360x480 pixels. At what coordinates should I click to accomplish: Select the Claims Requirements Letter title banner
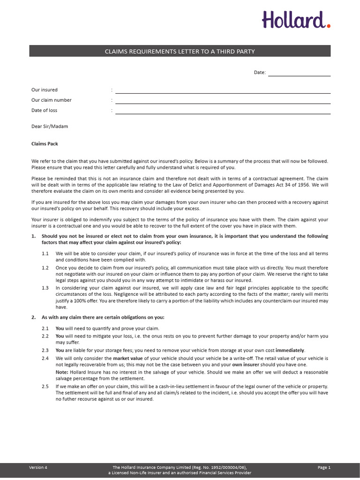coord(180,51)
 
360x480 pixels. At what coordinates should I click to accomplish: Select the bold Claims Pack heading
coord(45,144)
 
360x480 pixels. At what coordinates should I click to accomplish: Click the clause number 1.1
coord(45,254)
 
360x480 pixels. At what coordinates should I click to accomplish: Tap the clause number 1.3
coord(45,288)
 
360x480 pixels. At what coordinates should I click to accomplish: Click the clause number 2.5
coord(45,386)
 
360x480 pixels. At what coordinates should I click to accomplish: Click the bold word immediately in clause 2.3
coord(290,351)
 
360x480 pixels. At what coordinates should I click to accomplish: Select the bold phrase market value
coord(127,359)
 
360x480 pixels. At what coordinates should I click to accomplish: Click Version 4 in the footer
coord(38,467)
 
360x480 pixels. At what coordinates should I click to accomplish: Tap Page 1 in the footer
coord(324,467)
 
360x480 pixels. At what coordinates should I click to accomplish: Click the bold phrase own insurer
coord(244,365)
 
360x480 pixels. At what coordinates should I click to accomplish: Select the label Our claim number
coord(52,100)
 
